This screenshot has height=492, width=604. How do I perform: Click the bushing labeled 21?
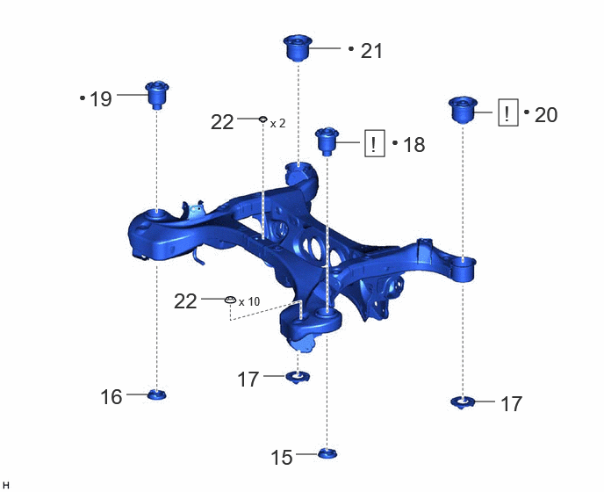click(x=298, y=47)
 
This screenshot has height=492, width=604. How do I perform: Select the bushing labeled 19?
click(x=157, y=95)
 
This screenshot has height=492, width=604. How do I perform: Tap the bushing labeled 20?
click(x=463, y=110)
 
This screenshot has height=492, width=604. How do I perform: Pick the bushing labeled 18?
click(x=327, y=141)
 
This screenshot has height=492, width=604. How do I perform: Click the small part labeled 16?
click(x=157, y=394)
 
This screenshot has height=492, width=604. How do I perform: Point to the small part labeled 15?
click(x=327, y=454)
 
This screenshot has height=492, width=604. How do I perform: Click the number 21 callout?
click(x=371, y=51)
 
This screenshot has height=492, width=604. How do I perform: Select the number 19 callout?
click(x=101, y=99)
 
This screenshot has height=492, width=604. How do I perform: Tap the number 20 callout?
click(x=546, y=115)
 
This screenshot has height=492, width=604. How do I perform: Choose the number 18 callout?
click(x=413, y=145)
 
